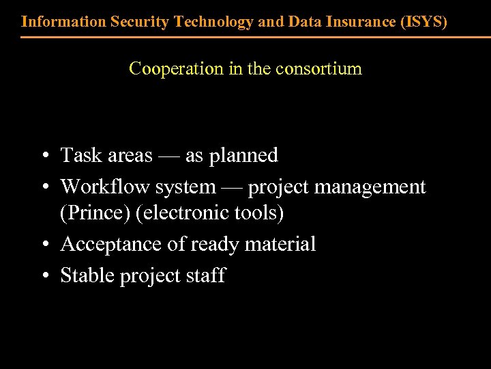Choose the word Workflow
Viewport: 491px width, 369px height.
pos(102,187)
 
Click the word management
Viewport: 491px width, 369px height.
pos(372,187)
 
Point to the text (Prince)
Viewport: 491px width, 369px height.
pos(95,213)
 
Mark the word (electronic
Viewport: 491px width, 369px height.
pos(180,213)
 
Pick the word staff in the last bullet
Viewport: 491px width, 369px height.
pos(206,276)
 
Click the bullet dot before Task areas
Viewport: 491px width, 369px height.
pos(43,156)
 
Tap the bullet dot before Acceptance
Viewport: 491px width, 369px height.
pos(43,245)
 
